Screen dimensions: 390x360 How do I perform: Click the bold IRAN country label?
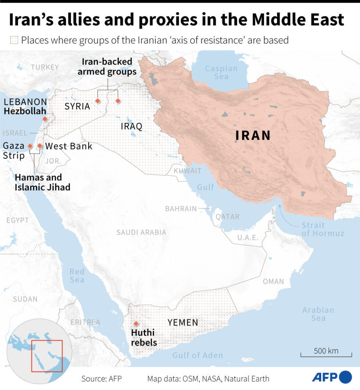(253, 136)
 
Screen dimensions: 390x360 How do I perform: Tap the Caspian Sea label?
(221, 72)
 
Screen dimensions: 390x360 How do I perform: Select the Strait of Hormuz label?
(323, 229)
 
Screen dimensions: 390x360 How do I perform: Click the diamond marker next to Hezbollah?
(45, 119)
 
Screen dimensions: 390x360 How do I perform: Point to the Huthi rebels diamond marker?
(136, 323)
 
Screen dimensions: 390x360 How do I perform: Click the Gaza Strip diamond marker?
(30, 146)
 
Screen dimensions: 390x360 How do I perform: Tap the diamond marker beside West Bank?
(40, 146)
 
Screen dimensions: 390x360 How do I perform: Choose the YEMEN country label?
(183, 323)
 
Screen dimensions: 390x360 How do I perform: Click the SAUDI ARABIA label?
(141, 232)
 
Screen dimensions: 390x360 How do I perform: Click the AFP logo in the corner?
(332, 378)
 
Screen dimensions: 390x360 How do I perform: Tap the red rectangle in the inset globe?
(47, 356)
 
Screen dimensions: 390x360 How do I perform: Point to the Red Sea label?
(77, 276)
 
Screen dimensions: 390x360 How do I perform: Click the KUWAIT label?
(187, 171)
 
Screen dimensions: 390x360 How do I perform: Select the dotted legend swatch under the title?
(14, 40)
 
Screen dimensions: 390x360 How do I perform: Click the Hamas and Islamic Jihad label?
(42, 182)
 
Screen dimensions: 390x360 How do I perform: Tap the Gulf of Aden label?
(198, 355)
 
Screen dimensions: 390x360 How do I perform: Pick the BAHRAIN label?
(181, 209)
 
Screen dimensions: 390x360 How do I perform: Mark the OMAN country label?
(273, 282)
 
